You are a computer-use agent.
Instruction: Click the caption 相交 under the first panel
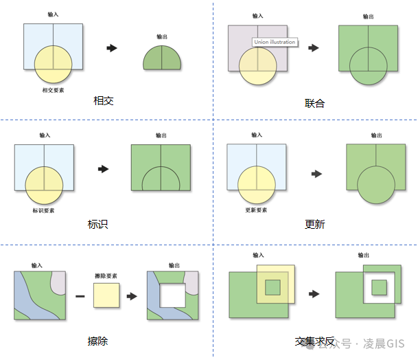click(103, 101)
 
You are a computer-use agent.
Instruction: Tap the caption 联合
click(314, 104)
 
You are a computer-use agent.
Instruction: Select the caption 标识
click(97, 225)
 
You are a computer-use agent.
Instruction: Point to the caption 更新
click(314, 225)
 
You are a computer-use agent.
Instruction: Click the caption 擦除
click(97, 341)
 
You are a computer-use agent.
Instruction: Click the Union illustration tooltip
click(275, 42)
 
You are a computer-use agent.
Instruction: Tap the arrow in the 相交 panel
click(112, 48)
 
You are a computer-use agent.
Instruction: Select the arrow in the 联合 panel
click(314, 48)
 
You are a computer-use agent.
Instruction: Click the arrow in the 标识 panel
click(104, 168)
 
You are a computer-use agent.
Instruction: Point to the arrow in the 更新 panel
click(316, 175)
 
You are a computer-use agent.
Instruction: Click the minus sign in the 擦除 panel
click(80, 296)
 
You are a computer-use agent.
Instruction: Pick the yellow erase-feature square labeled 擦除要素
click(106, 296)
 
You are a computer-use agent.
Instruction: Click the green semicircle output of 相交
click(162, 59)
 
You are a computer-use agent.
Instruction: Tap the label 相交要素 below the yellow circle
click(53, 90)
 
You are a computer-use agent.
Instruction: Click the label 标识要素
click(44, 210)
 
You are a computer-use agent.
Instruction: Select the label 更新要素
click(256, 210)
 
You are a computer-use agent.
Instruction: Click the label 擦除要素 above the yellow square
click(106, 275)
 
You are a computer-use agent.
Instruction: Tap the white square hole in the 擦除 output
click(173, 295)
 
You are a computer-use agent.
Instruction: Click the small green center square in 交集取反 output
click(378, 285)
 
